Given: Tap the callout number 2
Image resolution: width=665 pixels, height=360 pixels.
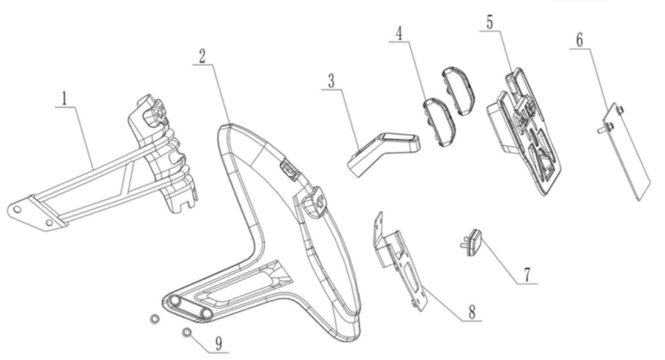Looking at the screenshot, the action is [202, 56].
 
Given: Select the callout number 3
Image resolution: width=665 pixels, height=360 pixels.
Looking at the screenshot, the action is [331, 81].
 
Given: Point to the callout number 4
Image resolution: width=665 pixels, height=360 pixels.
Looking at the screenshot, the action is [398, 34].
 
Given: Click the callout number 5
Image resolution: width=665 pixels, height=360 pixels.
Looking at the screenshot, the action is [490, 23].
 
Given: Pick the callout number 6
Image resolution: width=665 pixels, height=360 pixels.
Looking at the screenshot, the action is [579, 40].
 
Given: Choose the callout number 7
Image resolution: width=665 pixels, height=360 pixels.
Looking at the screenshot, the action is [527, 275].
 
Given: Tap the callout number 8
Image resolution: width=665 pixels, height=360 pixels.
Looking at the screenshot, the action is [471, 313].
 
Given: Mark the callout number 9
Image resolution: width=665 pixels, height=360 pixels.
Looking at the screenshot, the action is [218, 344].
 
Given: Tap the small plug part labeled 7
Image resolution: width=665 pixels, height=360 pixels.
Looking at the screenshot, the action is [471, 242].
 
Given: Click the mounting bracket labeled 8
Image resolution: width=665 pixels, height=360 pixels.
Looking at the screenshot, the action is [401, 261].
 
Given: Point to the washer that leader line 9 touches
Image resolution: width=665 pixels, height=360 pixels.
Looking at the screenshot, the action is [186, 333].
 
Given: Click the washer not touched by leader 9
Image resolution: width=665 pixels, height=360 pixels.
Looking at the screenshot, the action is [155, 319].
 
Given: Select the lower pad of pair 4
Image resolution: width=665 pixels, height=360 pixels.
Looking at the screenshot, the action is [438, 121].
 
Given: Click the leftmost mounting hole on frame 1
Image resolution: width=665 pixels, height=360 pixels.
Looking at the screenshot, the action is [16, 210].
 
